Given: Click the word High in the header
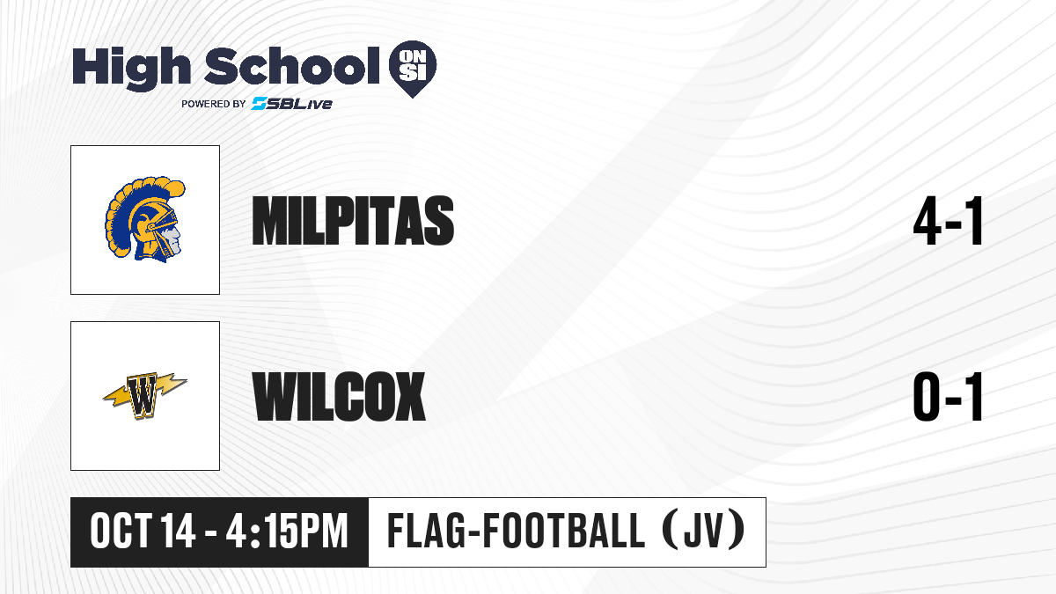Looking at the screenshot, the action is coord(131,68).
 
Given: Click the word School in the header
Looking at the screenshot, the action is coord(292,66).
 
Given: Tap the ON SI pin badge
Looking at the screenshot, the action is coord(413,69).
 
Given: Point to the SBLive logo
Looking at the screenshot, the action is coord(291,103).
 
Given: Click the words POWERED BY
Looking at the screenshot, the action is coord(214,104).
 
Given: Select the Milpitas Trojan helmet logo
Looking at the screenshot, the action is coord(145,219).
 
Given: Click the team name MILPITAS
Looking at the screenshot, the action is coord(353,220).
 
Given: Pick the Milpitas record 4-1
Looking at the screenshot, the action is coord(948,221).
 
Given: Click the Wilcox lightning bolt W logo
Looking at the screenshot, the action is coord(144,395).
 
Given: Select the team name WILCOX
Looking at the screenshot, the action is coord(339,396).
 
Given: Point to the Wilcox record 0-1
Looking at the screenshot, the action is coord(948,397).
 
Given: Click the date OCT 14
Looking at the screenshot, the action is coord(143,532).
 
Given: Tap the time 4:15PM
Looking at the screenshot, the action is coord(287,532).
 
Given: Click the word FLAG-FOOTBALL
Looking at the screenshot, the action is coord(517,531).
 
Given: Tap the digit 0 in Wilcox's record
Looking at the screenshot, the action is coord(927,397).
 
